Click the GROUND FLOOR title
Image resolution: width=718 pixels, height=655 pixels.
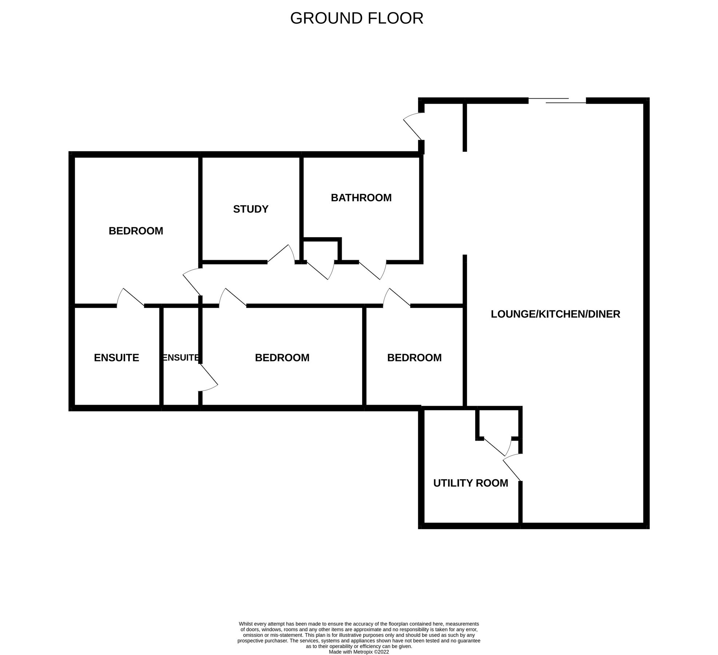357,18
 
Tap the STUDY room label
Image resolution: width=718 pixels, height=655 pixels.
251,209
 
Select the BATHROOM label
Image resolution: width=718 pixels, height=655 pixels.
361,198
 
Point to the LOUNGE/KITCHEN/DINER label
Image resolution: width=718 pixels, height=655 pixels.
555,314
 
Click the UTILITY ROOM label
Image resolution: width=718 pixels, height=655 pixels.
471,483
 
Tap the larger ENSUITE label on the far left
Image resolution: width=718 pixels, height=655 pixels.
116,358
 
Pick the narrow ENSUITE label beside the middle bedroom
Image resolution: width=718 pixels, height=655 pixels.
181,358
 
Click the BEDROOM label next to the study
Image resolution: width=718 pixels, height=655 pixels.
136,231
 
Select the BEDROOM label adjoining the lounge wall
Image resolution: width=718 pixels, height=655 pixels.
414,358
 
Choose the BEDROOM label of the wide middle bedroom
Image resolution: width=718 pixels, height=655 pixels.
282,358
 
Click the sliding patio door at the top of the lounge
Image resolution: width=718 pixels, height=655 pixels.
557,100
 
